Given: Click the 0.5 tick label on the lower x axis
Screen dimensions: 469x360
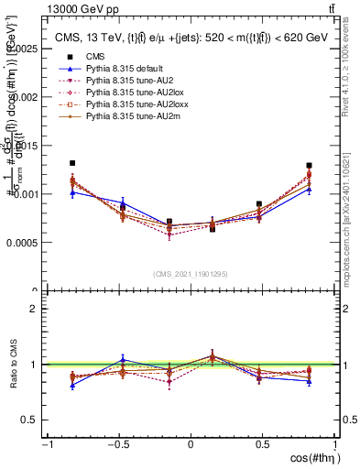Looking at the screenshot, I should tap(263, 444).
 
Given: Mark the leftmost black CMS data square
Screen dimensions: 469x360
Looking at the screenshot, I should tap(72, 163).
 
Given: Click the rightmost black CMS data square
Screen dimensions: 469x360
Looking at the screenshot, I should tap(310, 166).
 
